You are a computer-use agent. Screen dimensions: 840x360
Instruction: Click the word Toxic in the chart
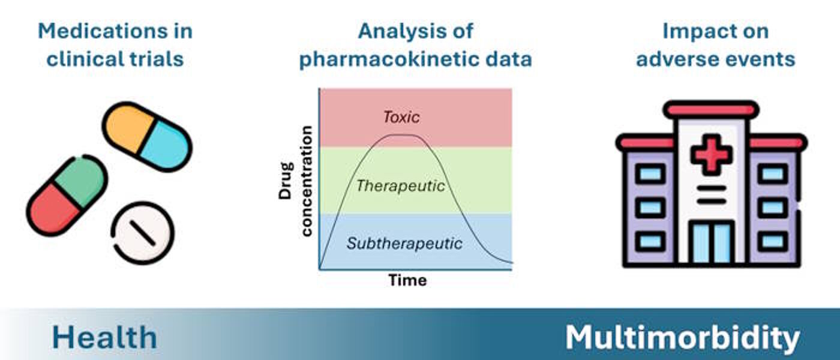coord(401,118)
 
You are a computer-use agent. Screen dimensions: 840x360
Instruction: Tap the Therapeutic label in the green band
coord(401,186)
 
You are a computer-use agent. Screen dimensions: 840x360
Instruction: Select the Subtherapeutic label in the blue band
coord(404,244)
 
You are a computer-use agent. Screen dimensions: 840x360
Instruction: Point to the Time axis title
coord(407,280)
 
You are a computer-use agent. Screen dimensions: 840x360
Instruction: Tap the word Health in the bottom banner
coord(104,337)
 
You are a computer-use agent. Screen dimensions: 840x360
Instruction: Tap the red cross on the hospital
coord(712,154)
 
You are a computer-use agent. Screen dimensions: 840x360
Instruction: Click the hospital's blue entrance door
coord(712,242)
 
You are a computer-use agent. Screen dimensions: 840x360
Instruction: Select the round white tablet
coord(143,233)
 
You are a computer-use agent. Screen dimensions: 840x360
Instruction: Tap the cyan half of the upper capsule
coord(166,146)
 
